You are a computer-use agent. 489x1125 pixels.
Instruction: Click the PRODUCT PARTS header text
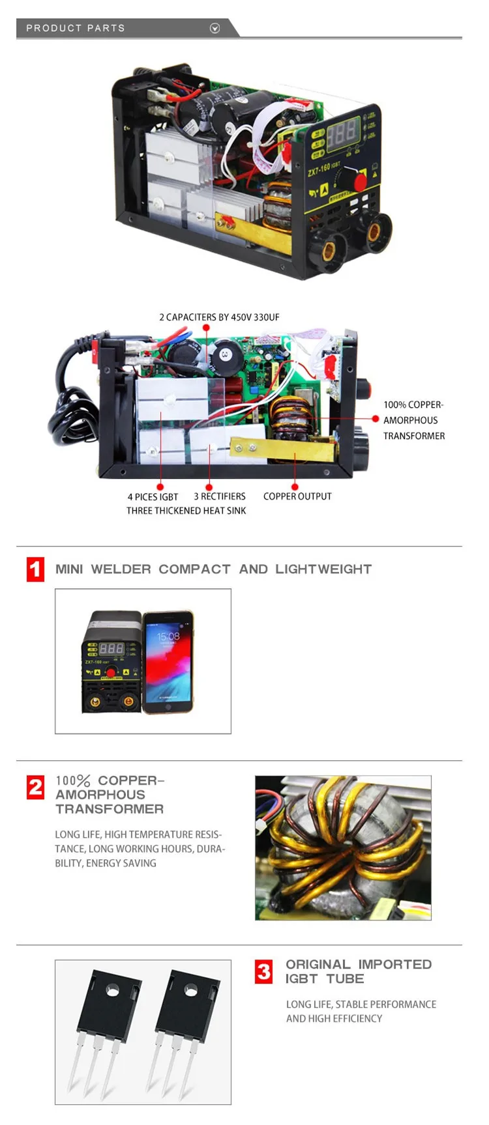pos(75,28)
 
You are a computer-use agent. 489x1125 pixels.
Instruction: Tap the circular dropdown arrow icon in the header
pos(215,28)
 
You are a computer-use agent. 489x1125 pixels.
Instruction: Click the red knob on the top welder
pos(359,181)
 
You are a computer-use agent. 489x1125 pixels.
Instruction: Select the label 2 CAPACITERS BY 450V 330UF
pos(219,317)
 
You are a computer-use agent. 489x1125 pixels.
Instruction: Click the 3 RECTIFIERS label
pos(220,496)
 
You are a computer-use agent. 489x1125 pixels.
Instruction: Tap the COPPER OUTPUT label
pos(297,496)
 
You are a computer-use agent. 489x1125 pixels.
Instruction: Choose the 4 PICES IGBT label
pos(153,497)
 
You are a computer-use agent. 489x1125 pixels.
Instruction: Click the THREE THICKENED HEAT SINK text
pos(186,511)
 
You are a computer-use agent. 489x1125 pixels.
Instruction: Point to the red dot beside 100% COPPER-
pos(376,419)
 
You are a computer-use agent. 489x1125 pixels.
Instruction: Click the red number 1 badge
pos(35,569)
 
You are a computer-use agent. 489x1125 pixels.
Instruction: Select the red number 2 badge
pos(35,787)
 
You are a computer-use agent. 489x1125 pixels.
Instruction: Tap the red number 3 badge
pos(263,971)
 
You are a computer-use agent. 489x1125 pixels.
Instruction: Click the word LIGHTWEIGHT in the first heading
pos(323,569)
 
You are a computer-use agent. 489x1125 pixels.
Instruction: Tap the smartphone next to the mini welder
pos(168,662)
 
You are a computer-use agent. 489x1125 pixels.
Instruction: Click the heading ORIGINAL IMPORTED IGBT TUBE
pos(359,971)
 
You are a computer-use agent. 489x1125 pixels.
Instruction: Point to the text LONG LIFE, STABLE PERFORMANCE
pos(361,1004)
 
